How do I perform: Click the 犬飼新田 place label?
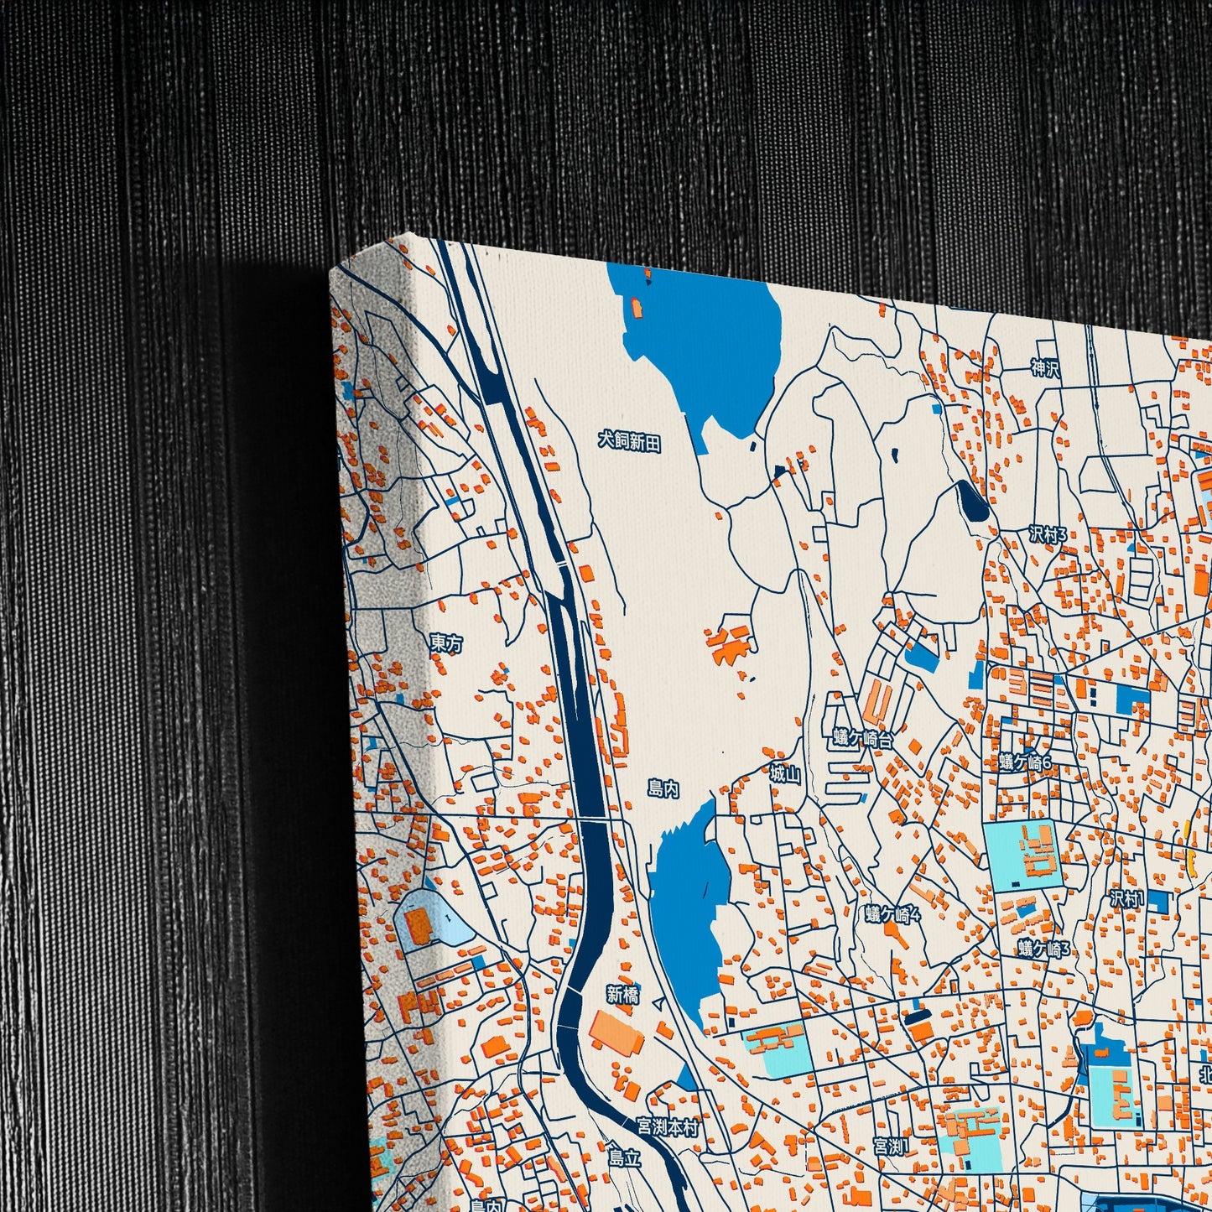629,442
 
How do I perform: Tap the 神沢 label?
1045,367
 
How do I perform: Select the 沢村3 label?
1048,534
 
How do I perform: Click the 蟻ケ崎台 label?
863,739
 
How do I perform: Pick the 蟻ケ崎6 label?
1025,762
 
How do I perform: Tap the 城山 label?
785,774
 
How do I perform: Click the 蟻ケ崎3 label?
1045,949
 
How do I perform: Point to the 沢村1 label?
1126,899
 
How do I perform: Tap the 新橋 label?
622,995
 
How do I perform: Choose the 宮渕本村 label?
667,1128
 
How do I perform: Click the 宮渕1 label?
889,1147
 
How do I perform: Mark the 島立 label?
624,1158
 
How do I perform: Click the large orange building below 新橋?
616,1033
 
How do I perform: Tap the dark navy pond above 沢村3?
973,502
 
